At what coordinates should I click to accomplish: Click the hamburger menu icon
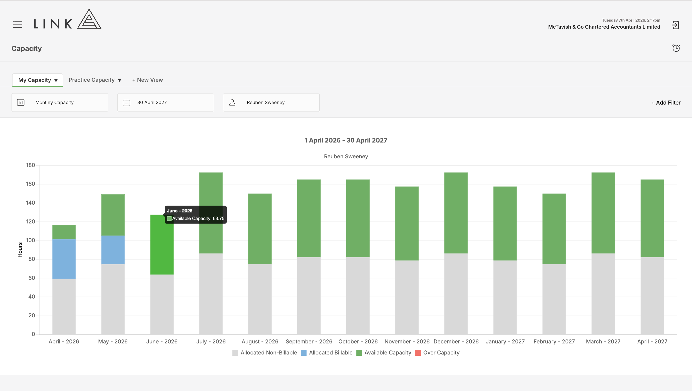[x=18, y=25]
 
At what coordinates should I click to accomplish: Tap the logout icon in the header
[x=675, y=25]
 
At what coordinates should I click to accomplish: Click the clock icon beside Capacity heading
[x=676, y=48]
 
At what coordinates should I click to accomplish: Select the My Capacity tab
[x=37, y=80]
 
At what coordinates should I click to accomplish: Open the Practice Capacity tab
[x=95, y=80]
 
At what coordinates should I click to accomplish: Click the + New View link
[x=148, y=80]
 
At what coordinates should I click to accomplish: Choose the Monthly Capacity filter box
[x=60, y=102]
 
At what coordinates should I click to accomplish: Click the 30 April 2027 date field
[x=165, y=102]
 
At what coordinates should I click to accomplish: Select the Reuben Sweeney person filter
[x=271, y=102]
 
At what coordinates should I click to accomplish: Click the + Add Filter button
[x=666, y=103]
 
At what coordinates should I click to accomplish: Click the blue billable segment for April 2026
[x=64, y=259]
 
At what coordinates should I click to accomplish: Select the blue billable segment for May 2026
[x=113, y=250]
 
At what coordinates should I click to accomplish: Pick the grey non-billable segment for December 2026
[x=456, y=294]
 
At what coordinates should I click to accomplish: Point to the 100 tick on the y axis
[x=30, y=240]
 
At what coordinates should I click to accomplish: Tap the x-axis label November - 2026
[x=407, y=341]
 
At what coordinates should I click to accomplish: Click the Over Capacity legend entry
[x=437, y=353]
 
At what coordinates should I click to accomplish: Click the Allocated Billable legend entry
[x=327, y=353]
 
